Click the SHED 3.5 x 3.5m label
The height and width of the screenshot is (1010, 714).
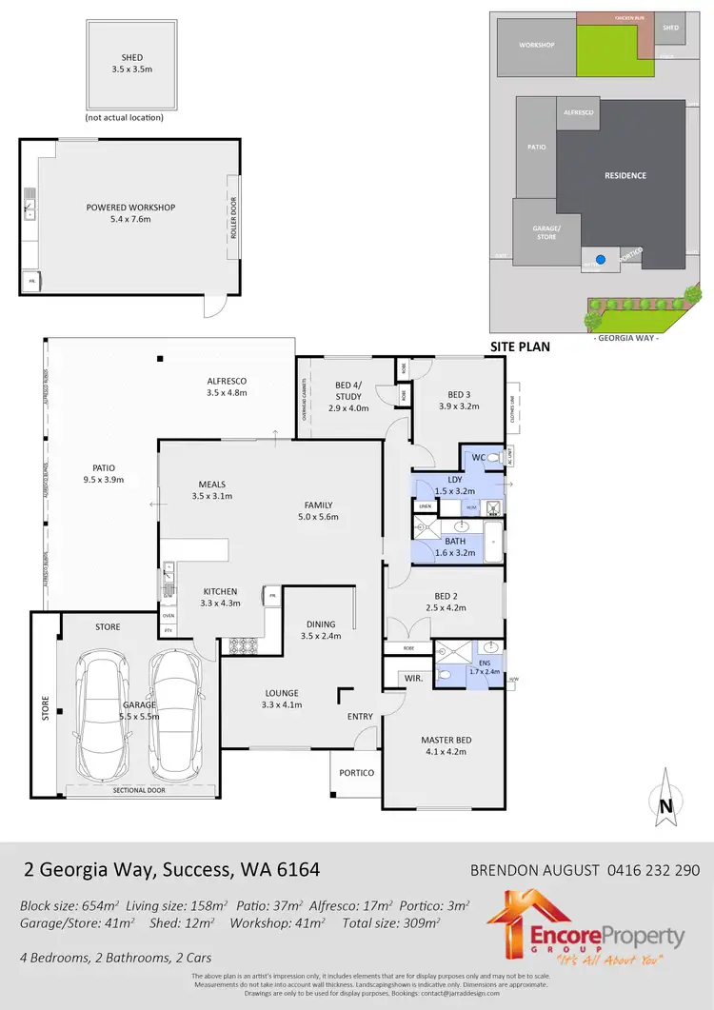pos(126,64)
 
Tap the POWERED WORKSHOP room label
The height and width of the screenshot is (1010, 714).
pos(130,213)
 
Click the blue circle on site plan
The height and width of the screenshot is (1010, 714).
pos(599,258)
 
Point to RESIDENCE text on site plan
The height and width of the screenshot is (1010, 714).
pos(625,175)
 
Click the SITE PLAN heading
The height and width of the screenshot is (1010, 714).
pos(519,347)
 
